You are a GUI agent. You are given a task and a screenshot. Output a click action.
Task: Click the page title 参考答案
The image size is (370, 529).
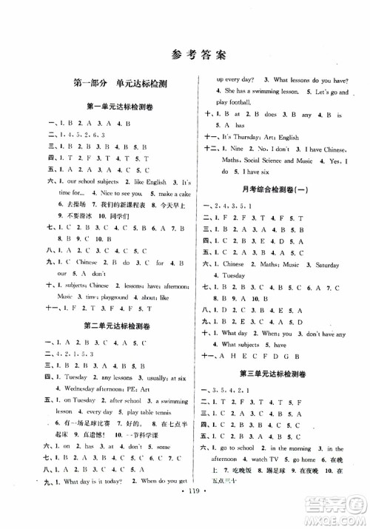(x=185, y=53)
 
